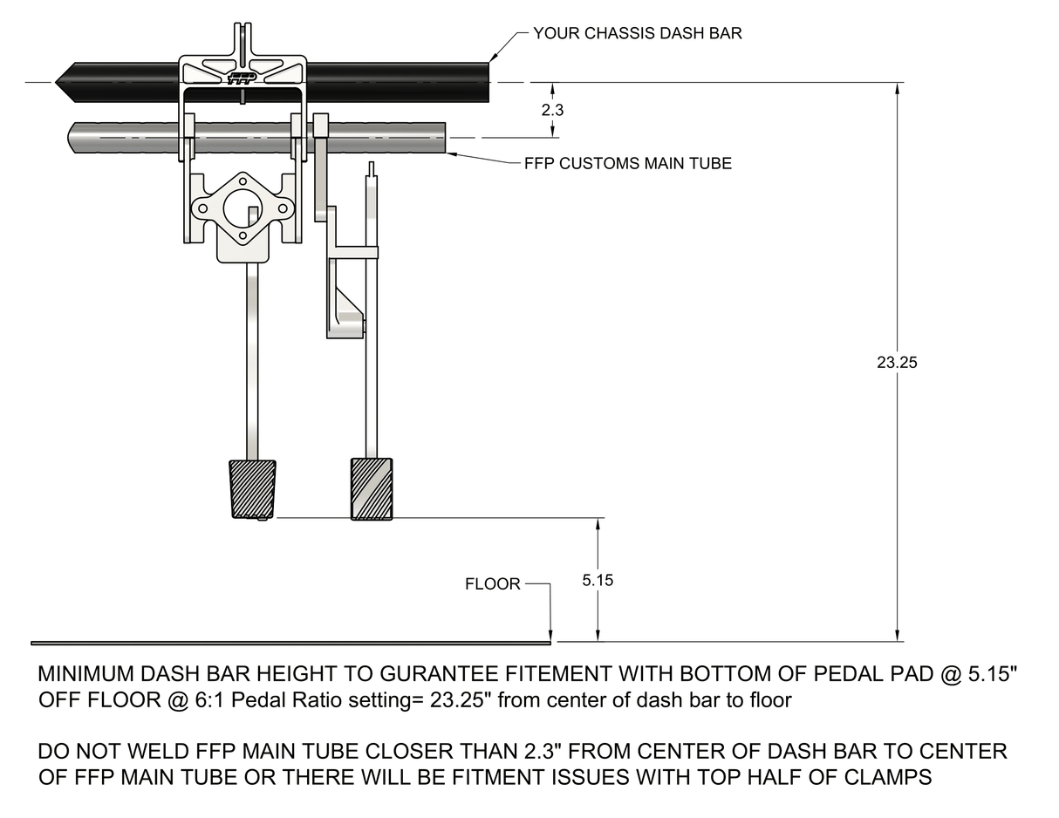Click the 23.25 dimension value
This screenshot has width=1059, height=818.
click(897, 363)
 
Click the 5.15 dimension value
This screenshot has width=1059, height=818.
click(598, 580)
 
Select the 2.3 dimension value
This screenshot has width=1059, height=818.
click(552, 111)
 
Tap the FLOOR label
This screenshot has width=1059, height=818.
click(492, 584)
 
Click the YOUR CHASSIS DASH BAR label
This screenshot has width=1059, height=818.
click(638, 34)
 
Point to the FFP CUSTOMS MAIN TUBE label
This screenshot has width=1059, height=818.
click(627, 163)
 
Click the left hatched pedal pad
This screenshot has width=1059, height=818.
click(252, 489)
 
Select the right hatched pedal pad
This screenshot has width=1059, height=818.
click(372, 488)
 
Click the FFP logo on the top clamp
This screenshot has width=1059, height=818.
click(242, 78)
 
